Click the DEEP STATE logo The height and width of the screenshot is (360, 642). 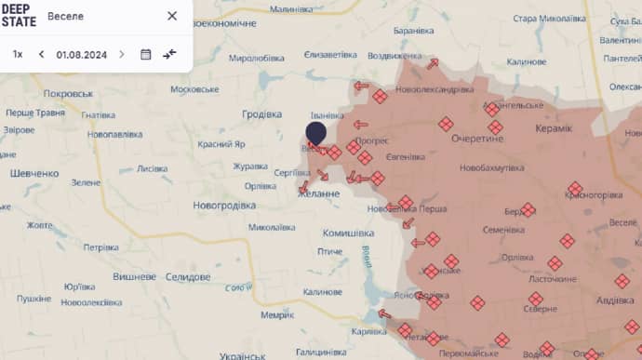[19, 16]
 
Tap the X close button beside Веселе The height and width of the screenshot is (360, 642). [172, 16]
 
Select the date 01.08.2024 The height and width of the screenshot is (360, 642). [81, 54]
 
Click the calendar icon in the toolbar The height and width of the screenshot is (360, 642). [145, 54]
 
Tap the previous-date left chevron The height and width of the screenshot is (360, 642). [42, 54]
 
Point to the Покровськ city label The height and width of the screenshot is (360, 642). [69, 94]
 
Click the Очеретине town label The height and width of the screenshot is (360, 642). [476, 138]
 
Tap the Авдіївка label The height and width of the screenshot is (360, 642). [615, 300]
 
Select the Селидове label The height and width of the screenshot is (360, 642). [187, 277]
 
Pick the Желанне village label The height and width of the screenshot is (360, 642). [318, 192]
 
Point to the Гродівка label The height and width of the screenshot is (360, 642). [261, 114]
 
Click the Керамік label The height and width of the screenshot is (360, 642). [554, 127]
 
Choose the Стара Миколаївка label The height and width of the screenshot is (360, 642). [551, 18]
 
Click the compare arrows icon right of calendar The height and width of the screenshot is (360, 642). [169, 54]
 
